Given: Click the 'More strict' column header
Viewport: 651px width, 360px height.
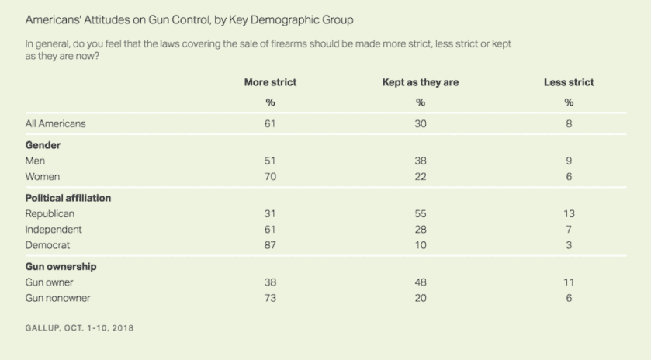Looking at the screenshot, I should [270, 83].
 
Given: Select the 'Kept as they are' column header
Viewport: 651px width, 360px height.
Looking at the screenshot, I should [420, 83].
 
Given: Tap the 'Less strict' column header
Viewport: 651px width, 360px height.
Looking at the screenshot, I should [569, 83].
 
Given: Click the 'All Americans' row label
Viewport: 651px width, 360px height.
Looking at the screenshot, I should [56, 123].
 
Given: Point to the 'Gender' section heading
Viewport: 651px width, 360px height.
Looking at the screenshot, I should [43, 145].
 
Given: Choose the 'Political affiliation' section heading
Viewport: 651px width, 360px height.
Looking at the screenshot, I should [68, 198].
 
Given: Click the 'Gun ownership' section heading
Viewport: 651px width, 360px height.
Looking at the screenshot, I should [61, 267].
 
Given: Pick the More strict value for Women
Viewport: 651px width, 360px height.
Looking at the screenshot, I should [270, 177].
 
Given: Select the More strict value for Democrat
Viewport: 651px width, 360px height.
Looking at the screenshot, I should [270, 245].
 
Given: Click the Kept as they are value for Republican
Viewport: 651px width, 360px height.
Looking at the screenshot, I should [420, 213].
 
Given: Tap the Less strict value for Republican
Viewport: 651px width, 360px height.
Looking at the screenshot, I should [569, 213].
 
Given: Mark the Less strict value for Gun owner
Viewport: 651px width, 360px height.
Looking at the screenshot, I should [569, 283].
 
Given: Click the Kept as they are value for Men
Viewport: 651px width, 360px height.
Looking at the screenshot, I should [420, 161].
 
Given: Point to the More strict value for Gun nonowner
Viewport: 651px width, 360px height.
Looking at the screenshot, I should [270, 298].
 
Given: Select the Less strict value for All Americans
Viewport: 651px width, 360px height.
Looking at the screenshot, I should [569, 123].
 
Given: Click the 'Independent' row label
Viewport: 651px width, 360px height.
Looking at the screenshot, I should [54, 230].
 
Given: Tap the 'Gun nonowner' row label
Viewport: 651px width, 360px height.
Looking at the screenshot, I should [58, 298].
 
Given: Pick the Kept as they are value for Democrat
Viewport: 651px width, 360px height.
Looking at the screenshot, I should [420, 245].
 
